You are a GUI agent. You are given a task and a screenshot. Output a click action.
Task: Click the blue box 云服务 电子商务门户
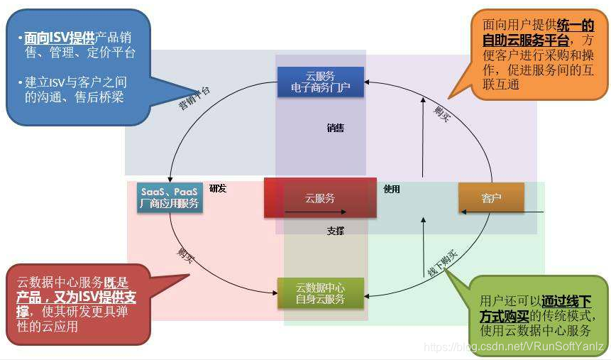320,81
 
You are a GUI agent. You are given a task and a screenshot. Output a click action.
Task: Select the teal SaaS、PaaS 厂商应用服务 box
169,197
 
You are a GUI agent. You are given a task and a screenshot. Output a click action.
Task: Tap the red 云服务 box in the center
320,198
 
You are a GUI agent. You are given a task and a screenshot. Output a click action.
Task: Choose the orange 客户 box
491,198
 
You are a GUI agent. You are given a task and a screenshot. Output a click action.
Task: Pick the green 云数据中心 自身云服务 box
320,293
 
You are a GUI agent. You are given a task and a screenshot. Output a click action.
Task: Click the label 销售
335,129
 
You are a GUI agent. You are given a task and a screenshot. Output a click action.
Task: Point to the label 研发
218,188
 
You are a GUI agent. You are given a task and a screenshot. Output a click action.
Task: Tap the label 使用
392,189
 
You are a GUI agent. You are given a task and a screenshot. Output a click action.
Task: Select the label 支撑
335,231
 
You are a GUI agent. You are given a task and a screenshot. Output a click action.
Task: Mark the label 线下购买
442,263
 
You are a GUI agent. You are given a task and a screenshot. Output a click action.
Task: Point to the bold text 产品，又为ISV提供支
76,298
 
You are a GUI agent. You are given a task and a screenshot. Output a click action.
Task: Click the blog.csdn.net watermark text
513,347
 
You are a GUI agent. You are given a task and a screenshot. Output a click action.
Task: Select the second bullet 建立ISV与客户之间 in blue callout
75,82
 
